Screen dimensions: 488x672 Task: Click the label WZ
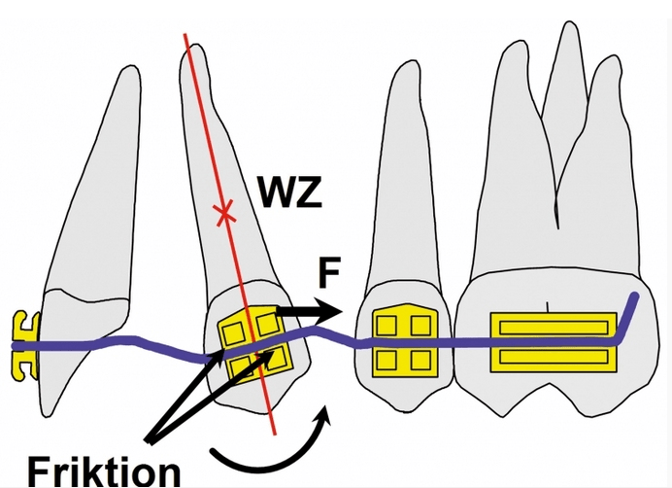point(288,194)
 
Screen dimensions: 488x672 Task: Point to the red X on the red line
point(225,211)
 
